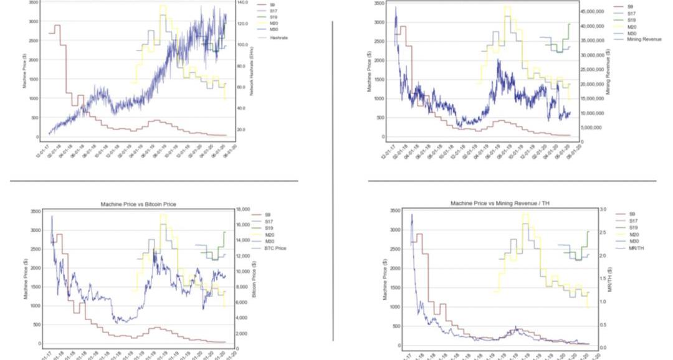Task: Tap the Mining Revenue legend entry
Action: pos(644,39)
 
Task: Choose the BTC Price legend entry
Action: pos(275,249)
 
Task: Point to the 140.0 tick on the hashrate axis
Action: pos(243,2)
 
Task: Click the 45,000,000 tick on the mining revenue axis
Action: pos(591,12)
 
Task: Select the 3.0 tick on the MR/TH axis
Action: pos(602,210)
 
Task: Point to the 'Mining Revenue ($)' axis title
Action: pos(608,71)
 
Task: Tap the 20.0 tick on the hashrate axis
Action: pos(242,130)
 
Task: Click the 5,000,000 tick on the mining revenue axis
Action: pos(589,128)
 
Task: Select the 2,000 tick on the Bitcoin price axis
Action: pos(242,333)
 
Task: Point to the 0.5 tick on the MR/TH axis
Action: pos(602,324)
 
